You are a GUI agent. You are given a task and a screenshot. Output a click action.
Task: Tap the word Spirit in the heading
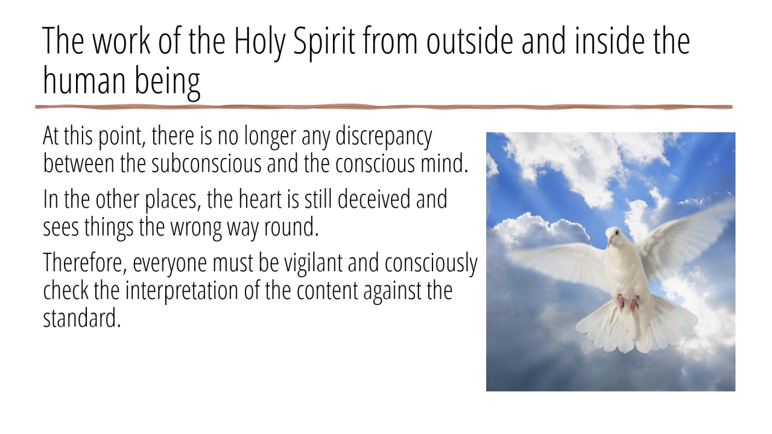tap(324, 42)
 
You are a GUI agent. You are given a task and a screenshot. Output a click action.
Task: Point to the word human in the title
tap(84, 81)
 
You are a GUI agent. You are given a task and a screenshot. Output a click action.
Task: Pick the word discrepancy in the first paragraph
tap(384, 137)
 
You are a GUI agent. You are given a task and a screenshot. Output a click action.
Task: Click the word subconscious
tap(206, 163)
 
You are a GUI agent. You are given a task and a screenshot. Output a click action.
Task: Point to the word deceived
tap(373, 200)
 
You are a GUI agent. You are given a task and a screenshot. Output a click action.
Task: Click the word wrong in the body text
tap(196, 228)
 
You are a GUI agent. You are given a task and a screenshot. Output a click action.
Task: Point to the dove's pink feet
tap(628, 303)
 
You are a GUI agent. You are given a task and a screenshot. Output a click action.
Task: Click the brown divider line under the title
tap(384, 107)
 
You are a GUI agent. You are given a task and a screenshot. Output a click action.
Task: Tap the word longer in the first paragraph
tap(270, 137)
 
